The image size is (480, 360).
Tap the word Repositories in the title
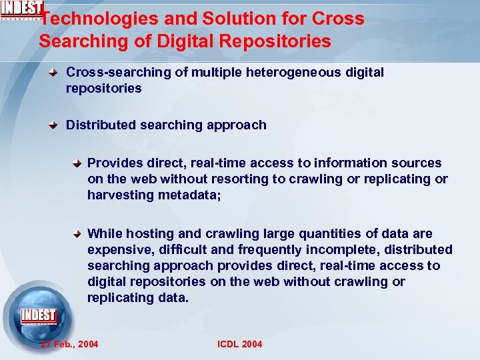(279, 41)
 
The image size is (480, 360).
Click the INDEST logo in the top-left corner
(22, 10)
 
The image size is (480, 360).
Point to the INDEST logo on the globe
(39, 315)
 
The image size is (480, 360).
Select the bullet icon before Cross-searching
(58, 72)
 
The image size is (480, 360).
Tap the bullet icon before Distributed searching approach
(58, 125)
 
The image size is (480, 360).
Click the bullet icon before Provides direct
(79, 163)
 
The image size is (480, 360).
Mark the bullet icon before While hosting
(79, 234)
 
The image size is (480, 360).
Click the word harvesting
(121, 195)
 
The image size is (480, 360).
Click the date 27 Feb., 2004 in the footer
(69, 344)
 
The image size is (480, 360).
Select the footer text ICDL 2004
(240, 344)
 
